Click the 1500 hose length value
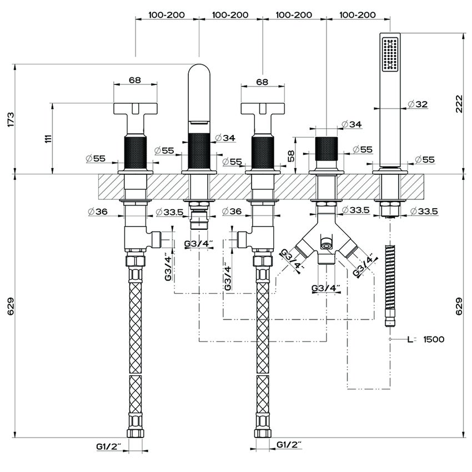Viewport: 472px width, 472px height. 433,339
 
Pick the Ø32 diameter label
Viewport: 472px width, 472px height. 417,104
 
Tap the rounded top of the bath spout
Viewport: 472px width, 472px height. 199,72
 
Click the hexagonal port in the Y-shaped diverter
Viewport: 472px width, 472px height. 326,243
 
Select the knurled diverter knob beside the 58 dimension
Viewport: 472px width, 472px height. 327,147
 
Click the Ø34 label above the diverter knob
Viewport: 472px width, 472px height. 352,124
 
